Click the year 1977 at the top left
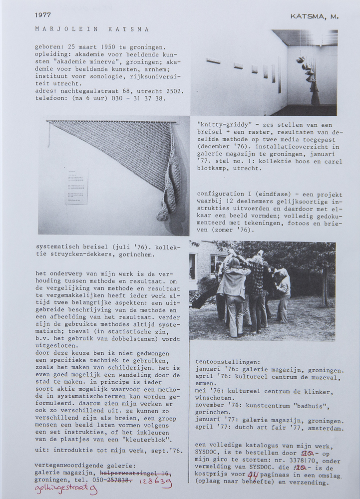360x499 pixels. point(43,15)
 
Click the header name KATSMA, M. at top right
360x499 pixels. point(314,16)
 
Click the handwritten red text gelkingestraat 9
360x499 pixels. point(66,489)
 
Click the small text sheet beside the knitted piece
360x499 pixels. point(76,186)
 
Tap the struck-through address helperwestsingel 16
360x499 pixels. point(136,473)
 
